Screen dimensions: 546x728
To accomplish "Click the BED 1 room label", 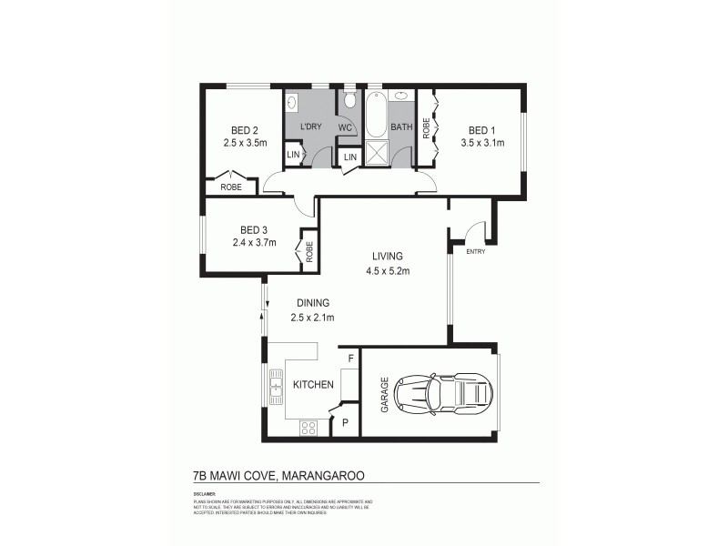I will [x=482, y=128].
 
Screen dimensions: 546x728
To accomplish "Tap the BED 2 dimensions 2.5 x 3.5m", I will [x=245, y=143].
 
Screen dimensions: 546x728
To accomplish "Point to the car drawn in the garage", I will [x=449, y=393].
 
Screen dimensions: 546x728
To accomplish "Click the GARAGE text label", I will [x=385, y=394].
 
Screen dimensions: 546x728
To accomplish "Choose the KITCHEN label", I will [x=312, y=385].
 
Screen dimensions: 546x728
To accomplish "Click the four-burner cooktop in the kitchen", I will [x=308, y=427].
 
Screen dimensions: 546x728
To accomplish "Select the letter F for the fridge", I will [x=350, y=359].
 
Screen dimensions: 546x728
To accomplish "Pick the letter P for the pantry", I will [x=346, y=422].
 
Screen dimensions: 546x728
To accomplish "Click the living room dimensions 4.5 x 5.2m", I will [x=387, y=270].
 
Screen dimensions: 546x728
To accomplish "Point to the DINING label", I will [x=312, y=303].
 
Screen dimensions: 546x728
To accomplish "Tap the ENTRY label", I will [x=475, y=252].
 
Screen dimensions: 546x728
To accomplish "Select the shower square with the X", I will [x=375, y=153].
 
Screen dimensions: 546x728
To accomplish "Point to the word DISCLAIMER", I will [x=205, y=492].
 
